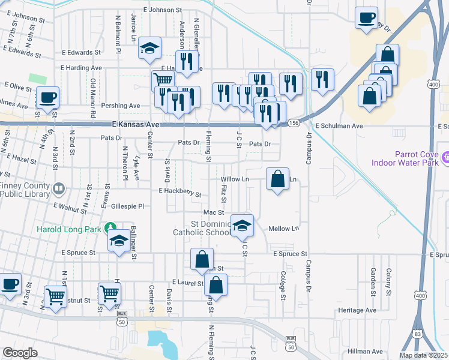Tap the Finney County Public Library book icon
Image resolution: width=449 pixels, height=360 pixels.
pos(59,190)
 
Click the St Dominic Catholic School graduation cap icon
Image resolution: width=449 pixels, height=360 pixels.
pos(242,225)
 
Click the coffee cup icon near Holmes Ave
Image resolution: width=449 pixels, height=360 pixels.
pos(47,97)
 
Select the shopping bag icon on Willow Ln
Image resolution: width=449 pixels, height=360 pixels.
pos(277,179)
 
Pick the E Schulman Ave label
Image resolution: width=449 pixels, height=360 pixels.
pos(339,127)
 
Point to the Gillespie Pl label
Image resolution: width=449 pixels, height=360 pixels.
pos(128,206)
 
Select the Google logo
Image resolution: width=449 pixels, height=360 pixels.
pos(20,353)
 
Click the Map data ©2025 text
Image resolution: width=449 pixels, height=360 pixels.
pos(424,355)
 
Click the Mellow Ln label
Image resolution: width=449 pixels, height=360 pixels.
pos(283,229)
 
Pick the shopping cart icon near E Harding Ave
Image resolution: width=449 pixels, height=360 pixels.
pos(163,80)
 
